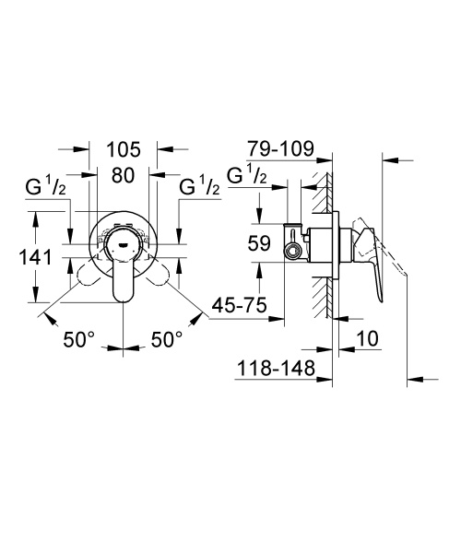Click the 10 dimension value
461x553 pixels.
tap(366, 340)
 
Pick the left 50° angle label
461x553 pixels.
tap(79, 340)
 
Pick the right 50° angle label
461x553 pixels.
tap(167, 340)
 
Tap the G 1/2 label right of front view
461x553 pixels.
tap(199, 188)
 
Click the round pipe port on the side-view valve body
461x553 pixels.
tap(293, 250)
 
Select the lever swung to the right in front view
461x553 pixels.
tap(160, 274)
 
